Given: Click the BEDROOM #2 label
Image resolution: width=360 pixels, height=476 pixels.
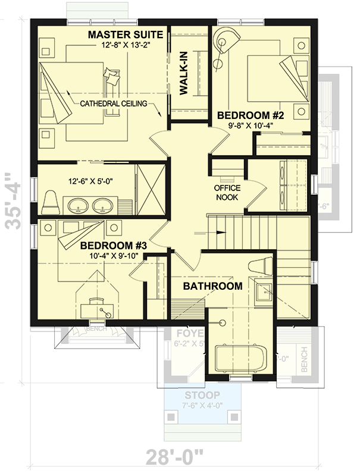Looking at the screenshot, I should pyautogui.click(x=249, y=115).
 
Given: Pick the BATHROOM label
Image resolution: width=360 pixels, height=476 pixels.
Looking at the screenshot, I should pyautogui.click(x=212, y=286).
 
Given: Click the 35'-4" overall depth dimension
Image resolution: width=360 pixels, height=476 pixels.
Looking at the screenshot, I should pyautogui.click(x=12, y=201).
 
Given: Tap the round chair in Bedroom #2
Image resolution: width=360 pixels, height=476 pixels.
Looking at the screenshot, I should pyautogui.click(x=226, y=42).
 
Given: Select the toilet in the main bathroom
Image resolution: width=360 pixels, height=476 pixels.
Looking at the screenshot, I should pyautogui.click(x=259, y=268).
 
